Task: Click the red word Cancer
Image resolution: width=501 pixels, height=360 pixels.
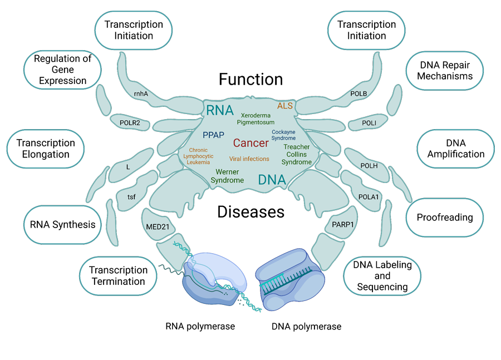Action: point(250,143)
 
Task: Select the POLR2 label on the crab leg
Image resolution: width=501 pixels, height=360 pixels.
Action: point(130,122)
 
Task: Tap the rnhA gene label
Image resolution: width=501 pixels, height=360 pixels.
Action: point(141,94)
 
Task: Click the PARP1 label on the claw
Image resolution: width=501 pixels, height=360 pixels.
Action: point(343,225)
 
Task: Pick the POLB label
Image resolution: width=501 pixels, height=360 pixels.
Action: point(358,93)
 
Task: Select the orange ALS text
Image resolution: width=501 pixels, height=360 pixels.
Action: point(284,106)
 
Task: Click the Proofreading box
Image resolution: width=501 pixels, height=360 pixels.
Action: point(444,218)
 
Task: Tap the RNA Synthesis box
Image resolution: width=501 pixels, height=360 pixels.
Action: point(62,225)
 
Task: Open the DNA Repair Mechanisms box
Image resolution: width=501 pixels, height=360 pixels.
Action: point(445,71)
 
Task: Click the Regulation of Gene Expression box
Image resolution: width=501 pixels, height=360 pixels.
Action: point(63,70)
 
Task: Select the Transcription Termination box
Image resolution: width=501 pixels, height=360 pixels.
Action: point(118,275)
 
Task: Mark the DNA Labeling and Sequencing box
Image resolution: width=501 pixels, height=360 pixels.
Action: point(382,276)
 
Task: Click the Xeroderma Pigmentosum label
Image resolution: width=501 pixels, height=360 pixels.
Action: point(256,119)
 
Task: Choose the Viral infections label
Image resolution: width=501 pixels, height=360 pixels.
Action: point(249,159)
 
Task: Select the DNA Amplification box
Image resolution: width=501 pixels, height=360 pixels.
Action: point(455,149)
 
